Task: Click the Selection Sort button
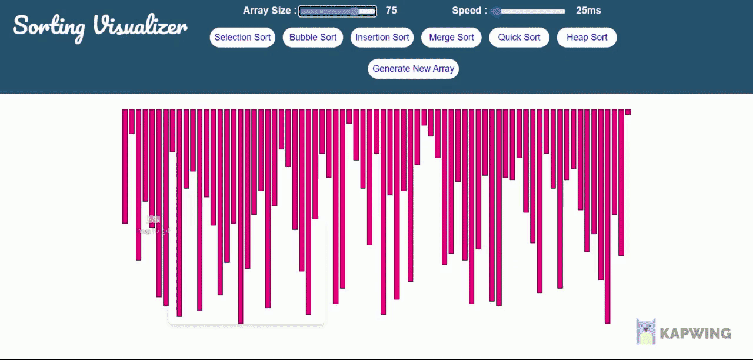(x=242, y=38)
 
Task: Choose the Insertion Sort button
(x=382, y=38)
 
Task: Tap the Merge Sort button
(x=451, y=38)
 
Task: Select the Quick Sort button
(x=519, y=38)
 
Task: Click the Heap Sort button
(x=587, y=38)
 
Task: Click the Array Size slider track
(x=337, y=11)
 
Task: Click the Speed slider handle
(x=496, y=11)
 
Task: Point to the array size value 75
(x=391, y=11)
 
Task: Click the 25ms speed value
(x=588, y=11)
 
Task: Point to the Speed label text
(x=469, y=11)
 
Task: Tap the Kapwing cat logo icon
(x=645, y=331)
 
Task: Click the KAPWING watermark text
(x=695, y=334)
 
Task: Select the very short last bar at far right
(x=628, y=112)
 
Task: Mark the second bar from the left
(x=132, y=121)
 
